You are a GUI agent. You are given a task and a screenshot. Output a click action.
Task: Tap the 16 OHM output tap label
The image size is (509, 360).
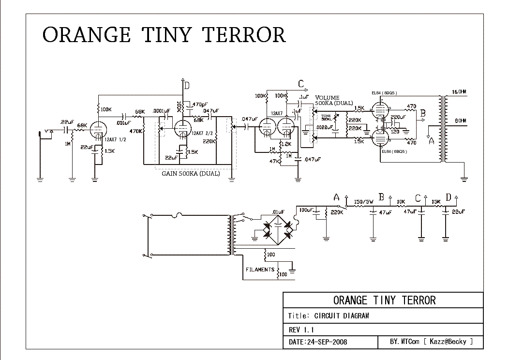pyautogui.click(x=459, y=92)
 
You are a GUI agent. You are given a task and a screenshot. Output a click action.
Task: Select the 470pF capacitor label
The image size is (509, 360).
pyautogui.click(x=200, y=105)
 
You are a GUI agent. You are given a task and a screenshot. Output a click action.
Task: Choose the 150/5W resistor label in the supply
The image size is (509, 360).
pyautogui.click(x=364, y=202)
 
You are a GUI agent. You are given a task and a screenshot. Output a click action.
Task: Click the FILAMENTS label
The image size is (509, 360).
pyautogui.click(x=260, y=270)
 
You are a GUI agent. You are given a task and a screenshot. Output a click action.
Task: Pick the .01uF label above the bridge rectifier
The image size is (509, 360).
pyautogui.click(x=278, y=211)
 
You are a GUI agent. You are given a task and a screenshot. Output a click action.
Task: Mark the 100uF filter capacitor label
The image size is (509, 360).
pyautogui.click(x=306, y=210)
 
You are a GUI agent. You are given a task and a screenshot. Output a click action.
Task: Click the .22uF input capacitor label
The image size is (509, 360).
pyautogui.click(x=66, y=121)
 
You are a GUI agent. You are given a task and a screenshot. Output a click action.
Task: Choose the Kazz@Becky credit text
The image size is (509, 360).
pyautogui.click(x=449, y=342)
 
